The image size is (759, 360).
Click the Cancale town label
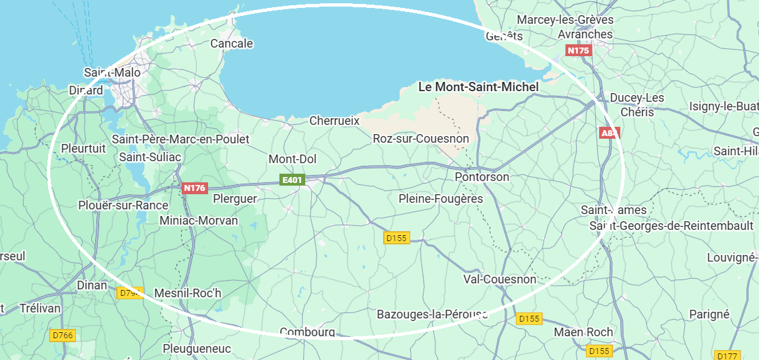(x=231, y=44)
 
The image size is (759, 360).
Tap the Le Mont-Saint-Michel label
(x=479, y=87)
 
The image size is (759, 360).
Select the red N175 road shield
(x=578, y=50)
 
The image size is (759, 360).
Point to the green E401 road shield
(x=291, y=180)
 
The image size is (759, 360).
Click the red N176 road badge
(x=194, y=188)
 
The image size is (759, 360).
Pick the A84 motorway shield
(x=609, y=133)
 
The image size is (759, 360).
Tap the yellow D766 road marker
(x=63, y=336)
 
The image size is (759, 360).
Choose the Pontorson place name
(x=482, y=177)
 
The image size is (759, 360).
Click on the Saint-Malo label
(x=112, y=72)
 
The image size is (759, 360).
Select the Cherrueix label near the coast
(x=334, y=121)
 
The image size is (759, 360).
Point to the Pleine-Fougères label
(x=441, y=199)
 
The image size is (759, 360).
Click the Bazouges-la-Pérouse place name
(x=432, y=314)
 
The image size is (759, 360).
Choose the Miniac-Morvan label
(x=199, y=220)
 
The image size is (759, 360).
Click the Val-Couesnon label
(x=500, y=279)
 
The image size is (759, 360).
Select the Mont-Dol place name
(x=293, y=159)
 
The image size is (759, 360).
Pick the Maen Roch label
(x=583, y=332)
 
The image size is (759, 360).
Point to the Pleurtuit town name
(x=83, y=148)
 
